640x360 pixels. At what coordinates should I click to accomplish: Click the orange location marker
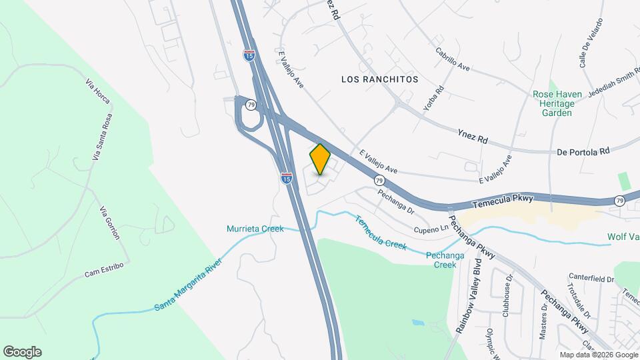click(320, 159)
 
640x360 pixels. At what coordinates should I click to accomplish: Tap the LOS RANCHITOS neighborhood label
click(379, 79)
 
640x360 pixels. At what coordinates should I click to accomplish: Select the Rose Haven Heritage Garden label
click(553, 103)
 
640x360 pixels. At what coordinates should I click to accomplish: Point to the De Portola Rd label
click(583, 152)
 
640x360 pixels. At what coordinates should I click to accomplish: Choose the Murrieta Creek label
click(255, 229)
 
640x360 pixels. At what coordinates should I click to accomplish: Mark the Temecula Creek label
click(381, 233)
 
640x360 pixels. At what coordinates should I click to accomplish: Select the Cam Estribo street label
click(105, 270)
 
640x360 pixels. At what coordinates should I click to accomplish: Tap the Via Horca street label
click(97, 91)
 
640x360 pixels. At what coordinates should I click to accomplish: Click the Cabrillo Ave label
click(453, 59)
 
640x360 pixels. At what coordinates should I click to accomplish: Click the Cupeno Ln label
click(431, 229)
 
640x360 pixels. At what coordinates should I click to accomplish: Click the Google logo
click(22, 352)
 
